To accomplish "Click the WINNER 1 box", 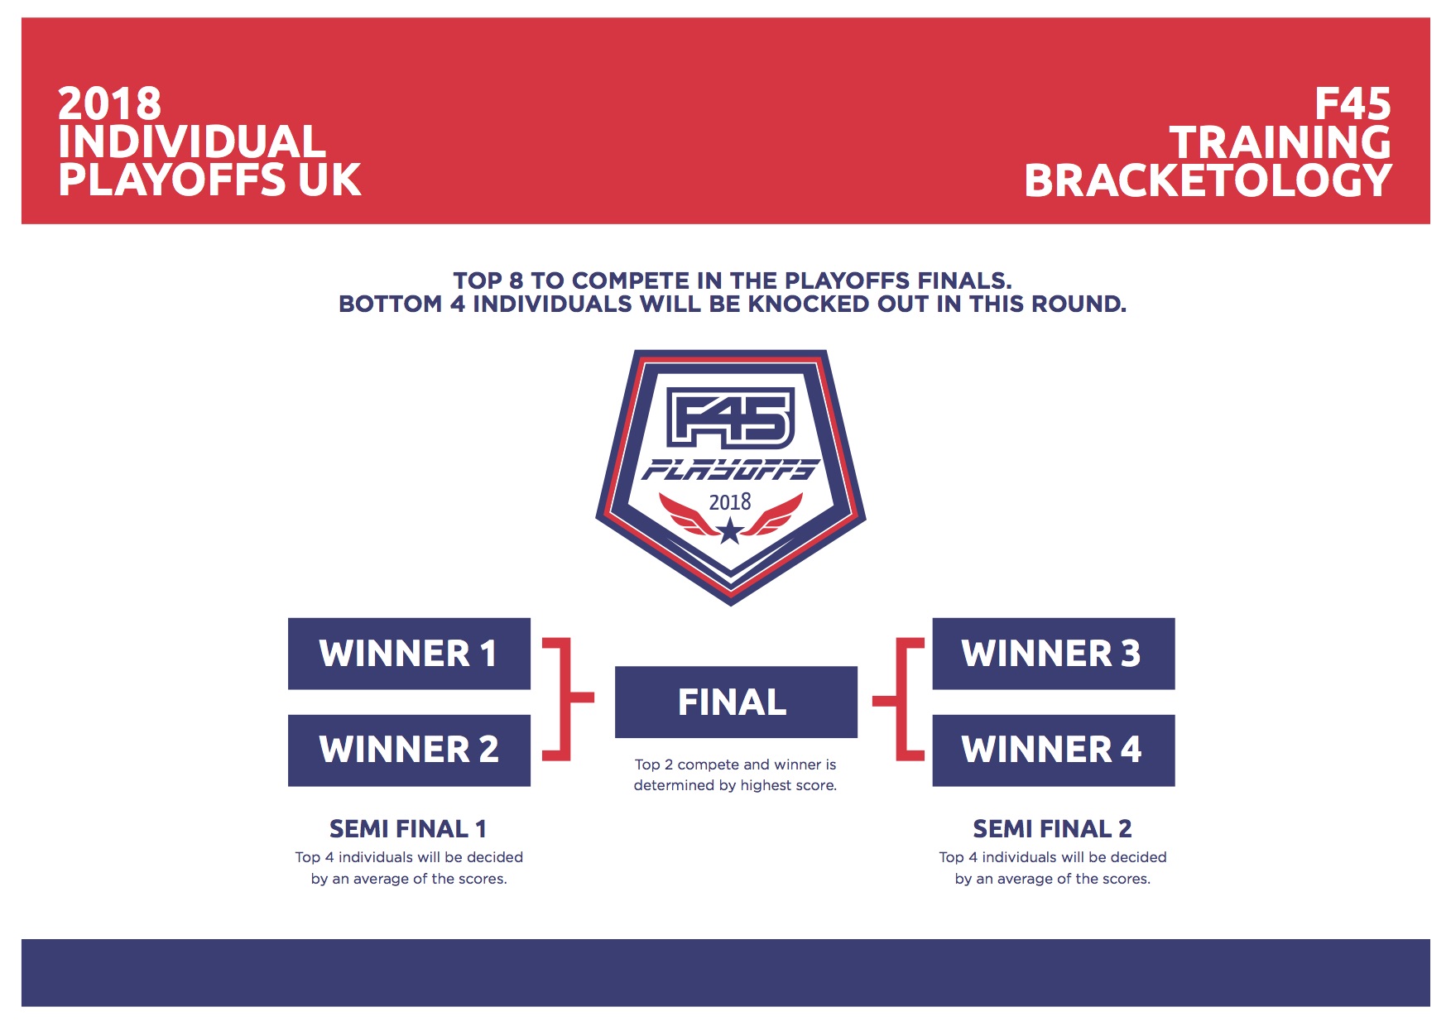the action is [409, 654].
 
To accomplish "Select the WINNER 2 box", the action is [409, 750].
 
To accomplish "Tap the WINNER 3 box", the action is [1054, 654].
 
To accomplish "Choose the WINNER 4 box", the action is [1054, 750].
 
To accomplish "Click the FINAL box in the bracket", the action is [736, 702].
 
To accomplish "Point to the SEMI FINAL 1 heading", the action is [408, 828].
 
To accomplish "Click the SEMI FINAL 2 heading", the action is [1052, 828].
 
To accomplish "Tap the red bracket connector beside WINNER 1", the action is [567, 698].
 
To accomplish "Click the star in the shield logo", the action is [730, 531].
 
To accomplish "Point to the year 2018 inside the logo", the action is [730, 502].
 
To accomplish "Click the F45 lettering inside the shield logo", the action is [730, 418].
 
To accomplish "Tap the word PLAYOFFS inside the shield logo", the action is [730, 470].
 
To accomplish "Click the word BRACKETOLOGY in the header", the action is [1208, 180].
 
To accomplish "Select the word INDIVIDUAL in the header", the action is [192, 142].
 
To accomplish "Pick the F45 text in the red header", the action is [1353, 104].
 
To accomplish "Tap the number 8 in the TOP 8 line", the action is [516, 281].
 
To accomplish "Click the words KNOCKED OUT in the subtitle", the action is [838, 304].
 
